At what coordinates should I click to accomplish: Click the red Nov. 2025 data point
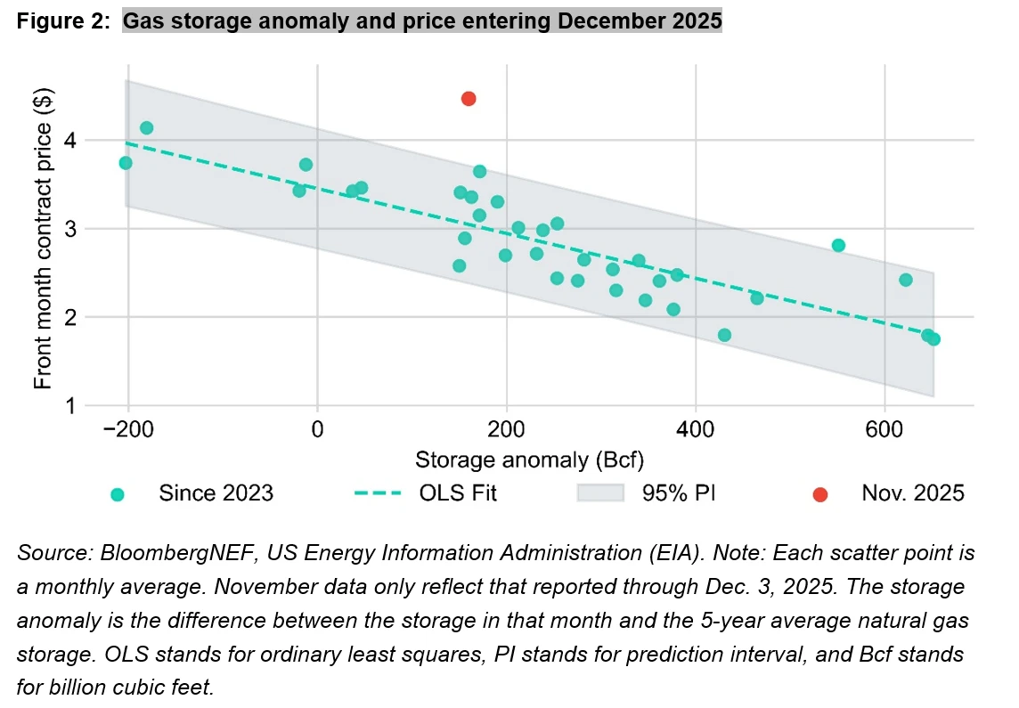[469, 99]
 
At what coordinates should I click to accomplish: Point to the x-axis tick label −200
[128, 427]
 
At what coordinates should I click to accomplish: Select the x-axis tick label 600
[884, 427]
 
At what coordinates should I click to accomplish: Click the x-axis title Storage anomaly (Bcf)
[530, 460]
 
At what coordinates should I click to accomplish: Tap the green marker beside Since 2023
[116, 494]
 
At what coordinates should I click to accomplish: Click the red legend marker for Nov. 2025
[819, 494]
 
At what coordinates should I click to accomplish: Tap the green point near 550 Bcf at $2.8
[838, 245]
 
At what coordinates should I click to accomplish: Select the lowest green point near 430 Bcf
[724, 335]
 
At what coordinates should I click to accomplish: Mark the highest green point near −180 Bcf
[147, 128]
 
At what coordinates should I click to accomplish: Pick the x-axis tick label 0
[317, 427]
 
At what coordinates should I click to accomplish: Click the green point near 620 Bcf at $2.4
[906, 280]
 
